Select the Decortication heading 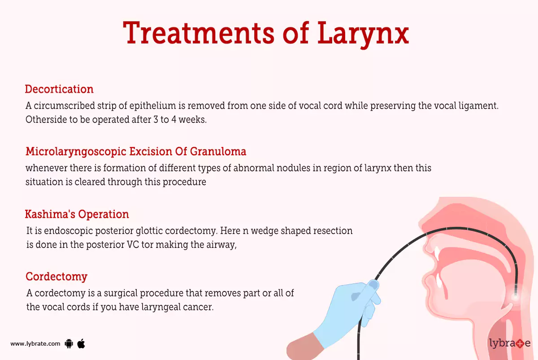pyautogui.click(x=59, y=89)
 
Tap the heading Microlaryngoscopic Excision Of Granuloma pyautogui.click(x=136, y=152)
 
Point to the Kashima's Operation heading pyautogui.click(x=77, y=214)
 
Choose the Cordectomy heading pyautogui.click(x=56, y=277)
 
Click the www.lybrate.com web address pyautogui.click(x=35, y=344)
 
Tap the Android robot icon pyautogui.click(x=69, y=344)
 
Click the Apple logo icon pyautogui.click(x=81, y=343)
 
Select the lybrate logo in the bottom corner pyautogui.click(x=509, y=344)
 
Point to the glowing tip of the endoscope pyautogui.click(x=515, y=296)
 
